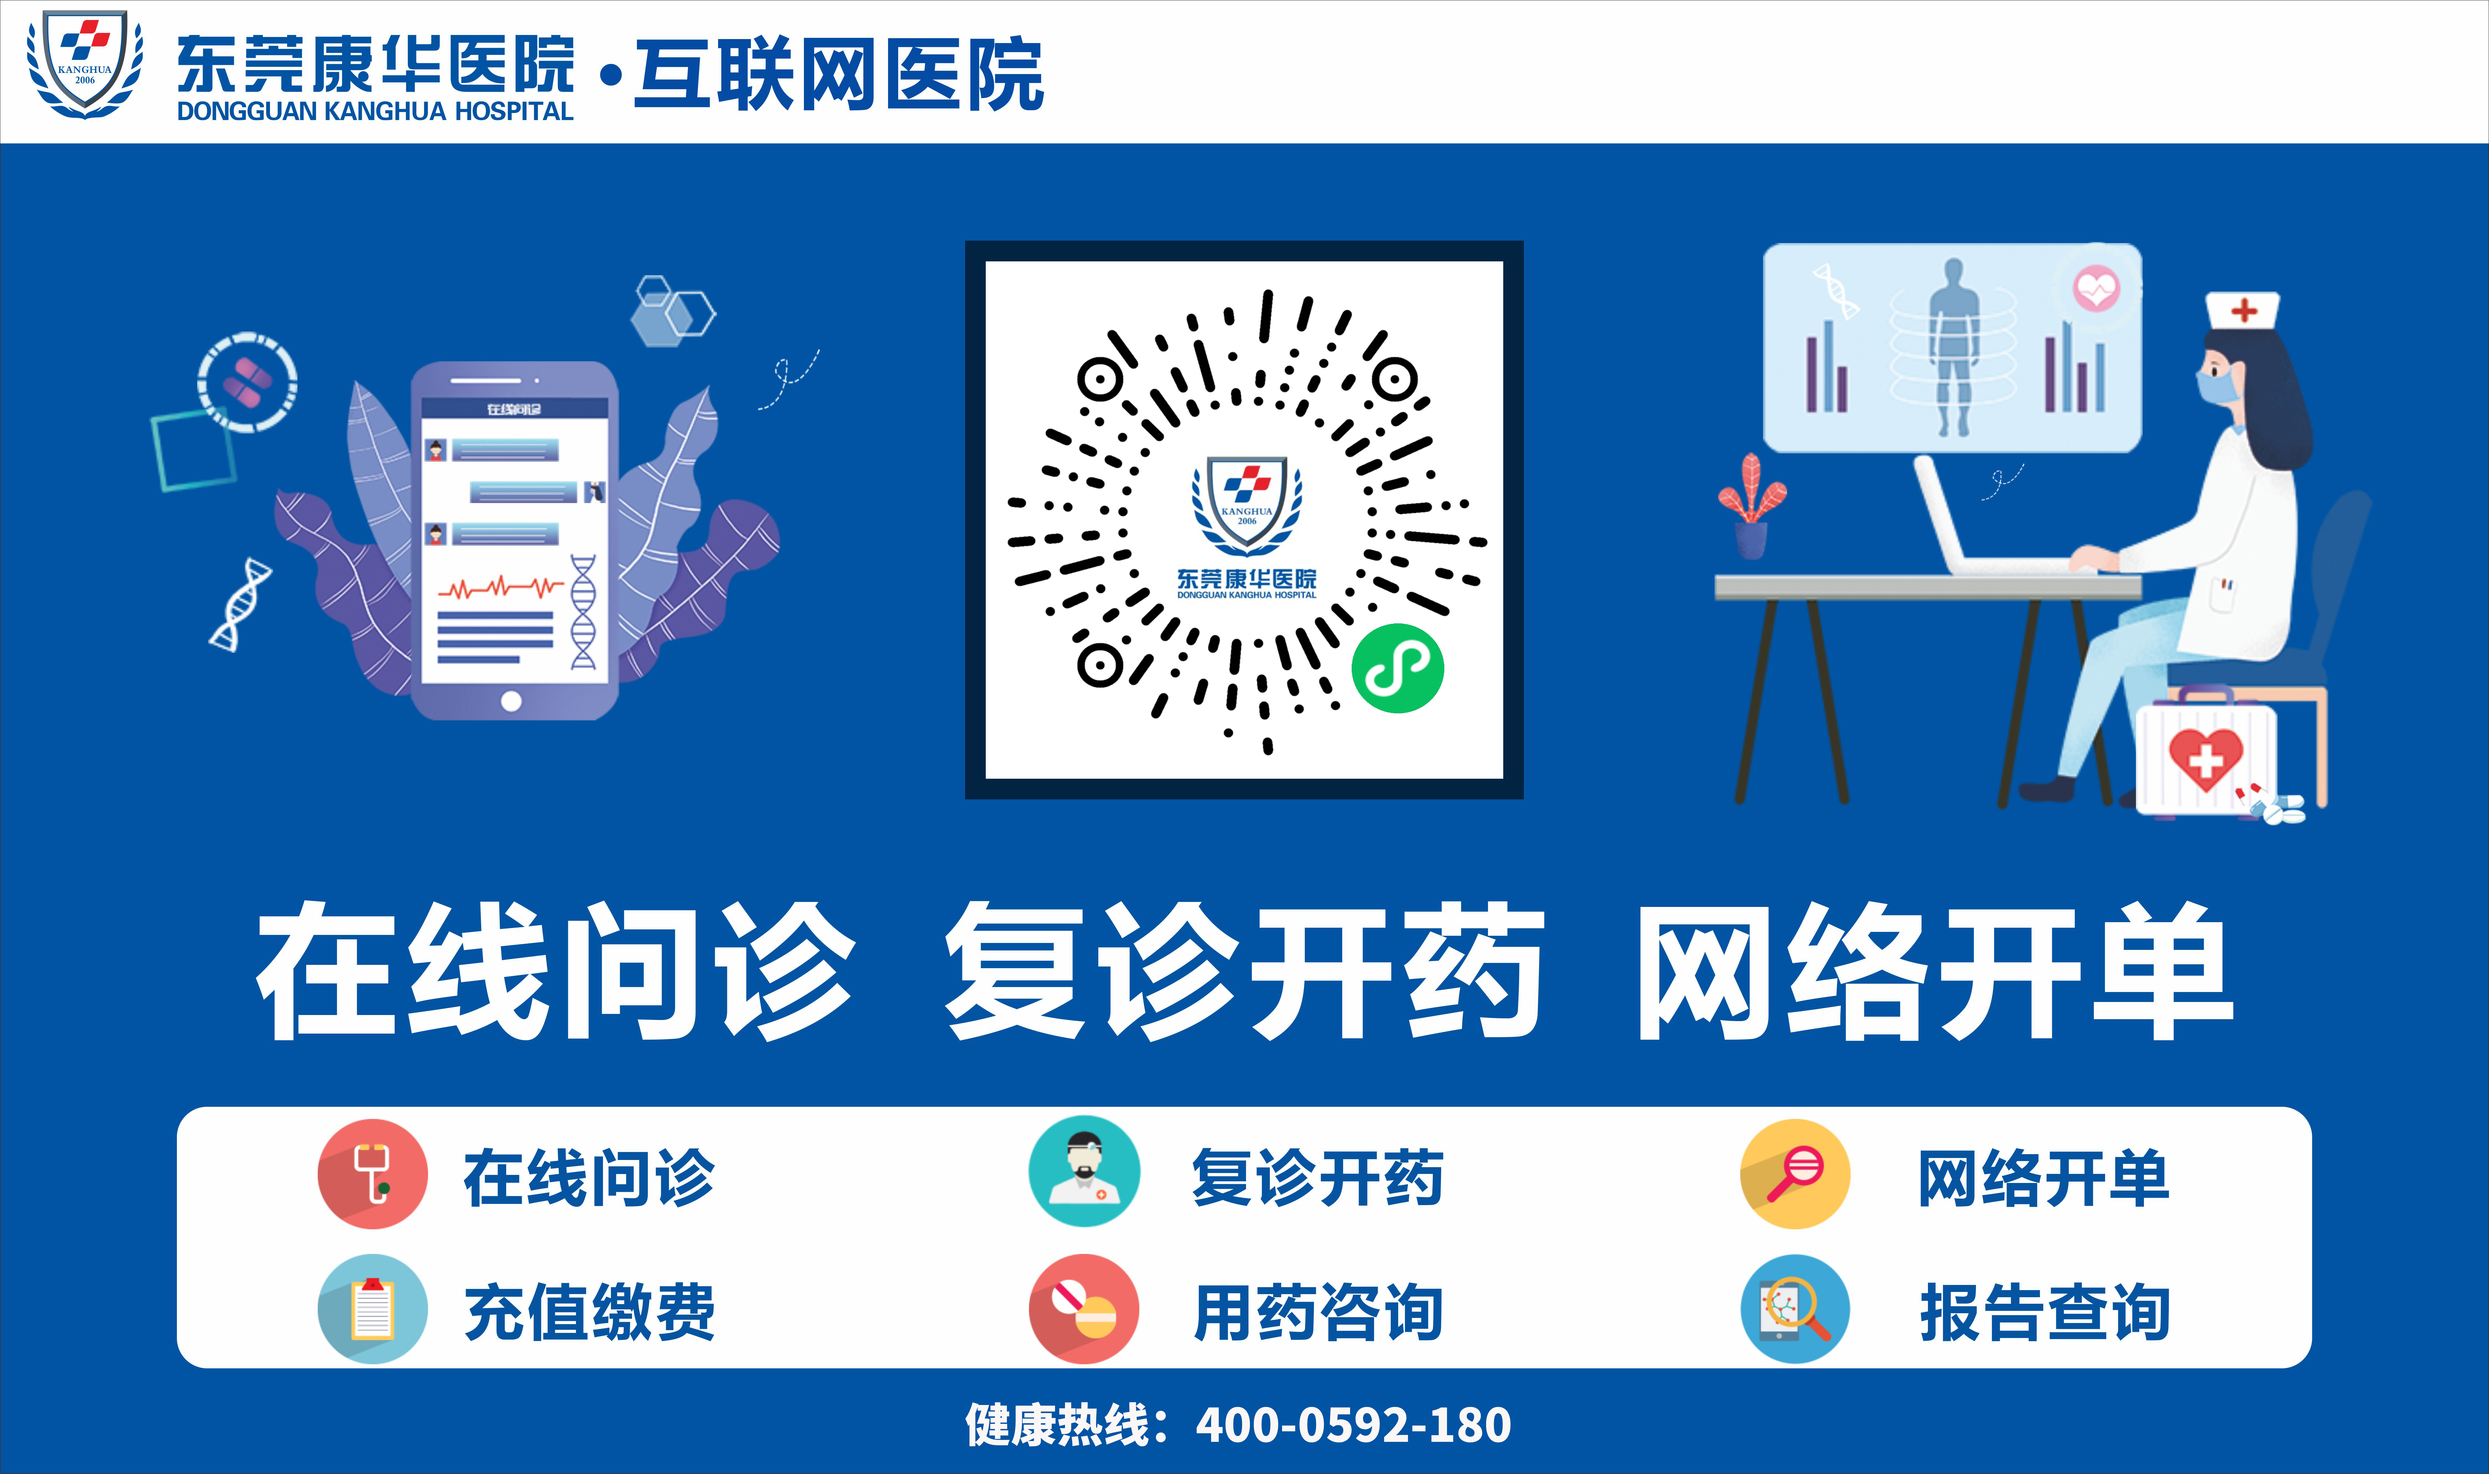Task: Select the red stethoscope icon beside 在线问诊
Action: tap(373, 1174)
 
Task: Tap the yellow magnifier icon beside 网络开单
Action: tap(1795, 1174)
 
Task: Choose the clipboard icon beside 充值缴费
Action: tap(373, 1309)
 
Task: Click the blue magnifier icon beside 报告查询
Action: tap(1795, 1309)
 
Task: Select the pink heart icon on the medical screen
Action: tap(2096, 289)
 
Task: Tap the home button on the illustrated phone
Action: tap(511, 701)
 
